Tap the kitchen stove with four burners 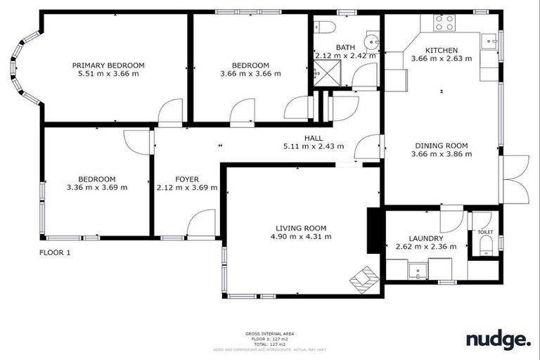[444, 22]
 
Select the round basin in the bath [371, 39]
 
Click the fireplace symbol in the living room [364, 279]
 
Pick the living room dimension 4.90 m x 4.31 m [300, 237]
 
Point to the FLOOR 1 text [54, 252]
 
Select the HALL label [313, 138]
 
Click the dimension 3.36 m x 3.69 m [96, 188]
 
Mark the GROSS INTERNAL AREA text [269, 333]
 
